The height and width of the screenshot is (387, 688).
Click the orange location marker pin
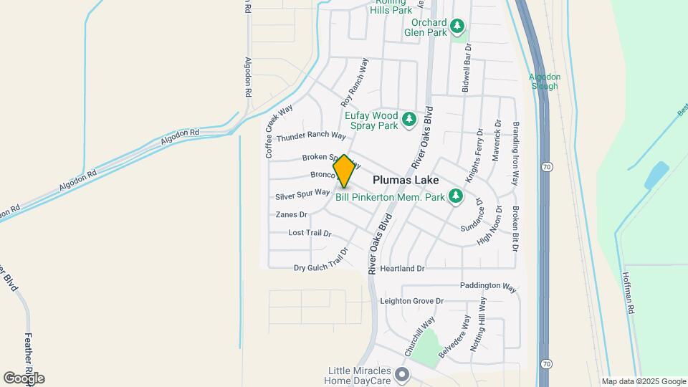[x=344, y=171]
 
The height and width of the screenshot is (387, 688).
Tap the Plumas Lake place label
[x=405, y=181]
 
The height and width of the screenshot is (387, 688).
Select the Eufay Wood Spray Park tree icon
[x=408, y=120]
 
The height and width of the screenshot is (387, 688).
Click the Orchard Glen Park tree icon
[x=457, y=27]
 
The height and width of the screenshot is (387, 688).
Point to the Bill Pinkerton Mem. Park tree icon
[x=455, y=196]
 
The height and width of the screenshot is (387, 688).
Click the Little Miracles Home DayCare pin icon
[x=402, y=374]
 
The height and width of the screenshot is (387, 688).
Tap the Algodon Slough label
[x=544, y=81]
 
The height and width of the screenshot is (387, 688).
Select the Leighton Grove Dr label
[x=412, y=301]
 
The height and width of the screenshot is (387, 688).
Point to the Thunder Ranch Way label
[x=311, y=136]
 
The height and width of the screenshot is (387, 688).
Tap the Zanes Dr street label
[x=291, y=214]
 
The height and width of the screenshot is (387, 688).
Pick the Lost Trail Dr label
[x=310, y=233]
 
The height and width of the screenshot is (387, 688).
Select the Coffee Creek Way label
[x=279, y=132]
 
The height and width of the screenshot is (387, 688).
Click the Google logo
[x=24, y=378]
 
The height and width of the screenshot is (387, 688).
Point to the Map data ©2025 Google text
[x=644, y=381]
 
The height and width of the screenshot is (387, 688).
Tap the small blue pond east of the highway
[x=656, y=175]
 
